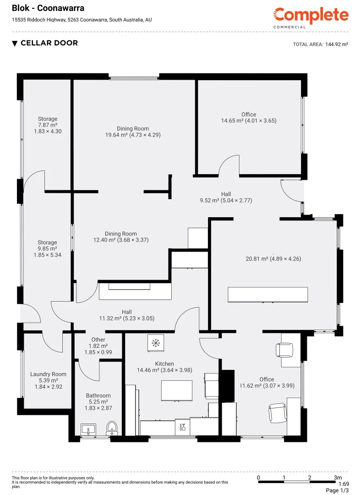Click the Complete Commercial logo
[311, 17]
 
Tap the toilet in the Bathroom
[112, 429]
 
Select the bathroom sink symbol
[88, 429]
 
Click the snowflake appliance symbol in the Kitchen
[155, 342]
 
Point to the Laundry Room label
[48, 374]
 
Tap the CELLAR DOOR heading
[49, 43]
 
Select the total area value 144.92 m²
[337, 44]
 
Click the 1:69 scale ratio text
[343, 484]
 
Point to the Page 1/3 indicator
[337, 490]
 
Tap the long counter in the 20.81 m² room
[268, 294]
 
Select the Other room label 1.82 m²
[98, 346]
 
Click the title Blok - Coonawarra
[42, 8]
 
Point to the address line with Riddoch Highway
[82, 20]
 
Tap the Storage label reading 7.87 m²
[48, 125]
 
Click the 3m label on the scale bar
[338, 478]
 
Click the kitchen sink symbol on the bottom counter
[182, 427]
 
